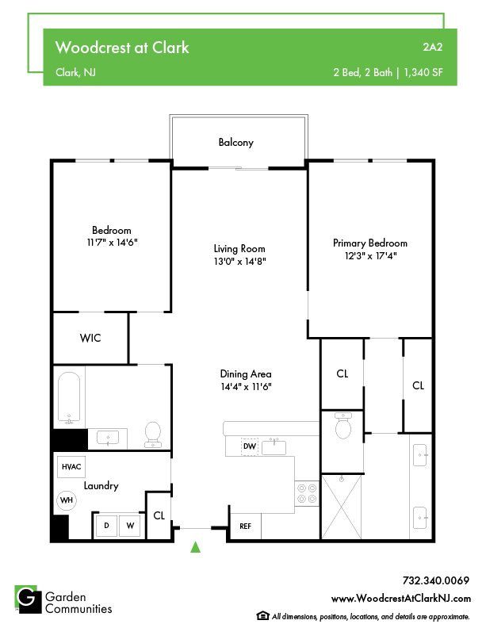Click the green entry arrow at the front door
pos(195,547)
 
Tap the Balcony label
pos(235,143)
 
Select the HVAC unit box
pos(71,467)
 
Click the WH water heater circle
pos(67,500)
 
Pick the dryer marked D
pos(106,526)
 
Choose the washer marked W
pos(130,526)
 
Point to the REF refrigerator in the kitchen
pos(246,527)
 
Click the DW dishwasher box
pos(250,446)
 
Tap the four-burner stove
pos(307,493)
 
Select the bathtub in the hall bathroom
pos(69,397)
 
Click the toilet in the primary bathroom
pos(343,426)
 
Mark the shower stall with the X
pos(342,507)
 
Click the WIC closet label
pos(90,338)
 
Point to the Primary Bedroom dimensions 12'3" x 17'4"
pos(371,255)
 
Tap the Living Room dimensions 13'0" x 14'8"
pos(239,261)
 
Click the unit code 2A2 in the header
pos(433,48)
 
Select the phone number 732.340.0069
pos(435,580)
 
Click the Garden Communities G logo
pos(28,599)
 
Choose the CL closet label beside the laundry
pos(159,515)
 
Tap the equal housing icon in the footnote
pos(262,615)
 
